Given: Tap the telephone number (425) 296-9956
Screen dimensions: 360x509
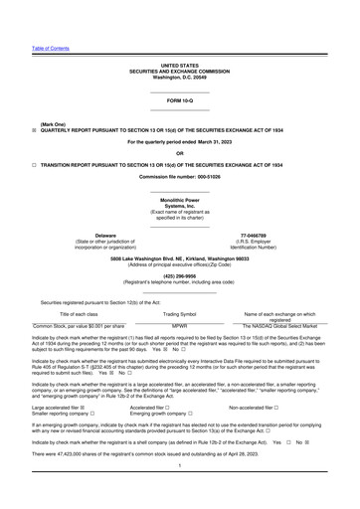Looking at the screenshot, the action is [179, 277].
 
